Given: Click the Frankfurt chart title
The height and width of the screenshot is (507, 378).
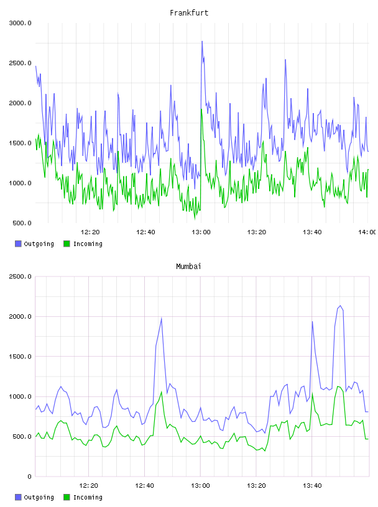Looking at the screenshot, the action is (x=189, y=13).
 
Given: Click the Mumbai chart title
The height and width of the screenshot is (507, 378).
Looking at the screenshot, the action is (x=188, y=267).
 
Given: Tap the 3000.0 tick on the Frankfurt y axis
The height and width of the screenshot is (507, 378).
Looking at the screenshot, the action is (x=21, y=23).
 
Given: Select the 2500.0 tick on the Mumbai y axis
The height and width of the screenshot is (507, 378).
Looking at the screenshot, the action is (x=21, y=276).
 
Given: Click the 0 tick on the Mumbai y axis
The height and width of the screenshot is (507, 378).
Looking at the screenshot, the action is (x=29, y=477).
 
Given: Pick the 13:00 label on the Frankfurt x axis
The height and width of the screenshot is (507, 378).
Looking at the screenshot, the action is (x=201, y=232).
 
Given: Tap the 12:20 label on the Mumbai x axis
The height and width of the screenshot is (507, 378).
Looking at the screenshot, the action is (x=89, y=486).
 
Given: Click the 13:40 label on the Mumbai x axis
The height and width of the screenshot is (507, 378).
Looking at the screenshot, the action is (x=312, y=486).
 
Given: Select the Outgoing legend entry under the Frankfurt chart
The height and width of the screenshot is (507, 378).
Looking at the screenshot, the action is (x=35, y=244).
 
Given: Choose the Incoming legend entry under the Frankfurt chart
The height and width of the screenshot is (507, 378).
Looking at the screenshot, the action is (x=83, y=244).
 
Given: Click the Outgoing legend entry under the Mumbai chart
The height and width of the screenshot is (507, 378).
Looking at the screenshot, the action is (x=35, y=497).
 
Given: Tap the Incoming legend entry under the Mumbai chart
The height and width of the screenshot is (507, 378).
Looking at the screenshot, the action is (x=83, y=497).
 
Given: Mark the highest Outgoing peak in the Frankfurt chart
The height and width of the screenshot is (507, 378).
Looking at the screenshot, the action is (x=202, y=42).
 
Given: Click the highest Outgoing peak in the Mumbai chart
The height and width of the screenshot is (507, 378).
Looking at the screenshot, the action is (x=340, y=306).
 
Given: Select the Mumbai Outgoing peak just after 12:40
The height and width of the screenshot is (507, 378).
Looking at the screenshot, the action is (x=161, y=318).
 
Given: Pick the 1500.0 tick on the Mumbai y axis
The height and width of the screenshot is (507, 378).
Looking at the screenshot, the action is (x=21, y=356).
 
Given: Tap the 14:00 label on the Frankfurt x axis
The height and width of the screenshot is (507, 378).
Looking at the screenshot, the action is (x=367, y=232).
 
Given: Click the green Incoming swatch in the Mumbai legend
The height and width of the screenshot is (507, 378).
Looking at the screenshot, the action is (x=67, y=497).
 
